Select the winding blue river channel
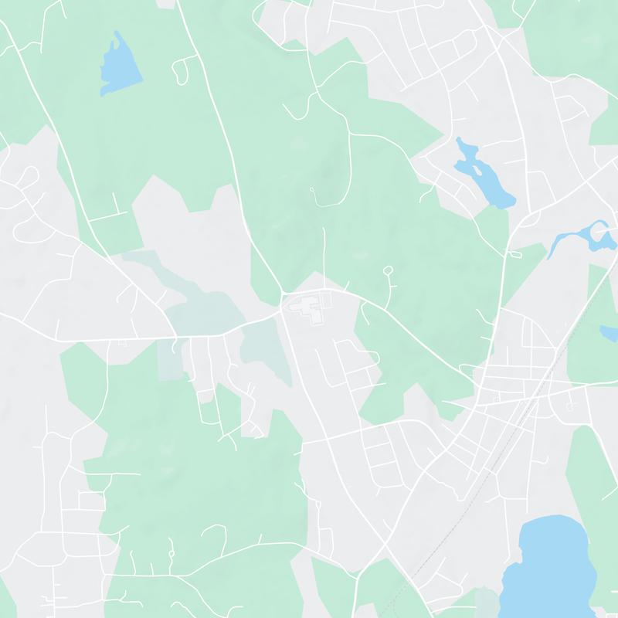579,236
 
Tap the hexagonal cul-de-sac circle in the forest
388,270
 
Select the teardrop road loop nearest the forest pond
180,70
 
